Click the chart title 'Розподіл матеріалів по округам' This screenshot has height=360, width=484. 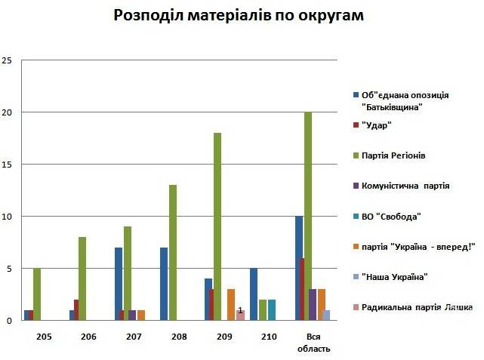(241, 16)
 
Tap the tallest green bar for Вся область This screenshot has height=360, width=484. (307, 216)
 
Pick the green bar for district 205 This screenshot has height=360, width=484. (37, 294)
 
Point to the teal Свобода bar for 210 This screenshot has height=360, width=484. (272, 310)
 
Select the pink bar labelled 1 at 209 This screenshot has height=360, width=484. (241, 315)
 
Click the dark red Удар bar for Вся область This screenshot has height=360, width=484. (303, 289)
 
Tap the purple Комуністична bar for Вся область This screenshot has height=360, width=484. (313, 305)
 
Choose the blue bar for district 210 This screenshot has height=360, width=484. (254, 294)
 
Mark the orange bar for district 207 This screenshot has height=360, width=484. (141, 315)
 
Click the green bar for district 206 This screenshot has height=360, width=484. (82, 278)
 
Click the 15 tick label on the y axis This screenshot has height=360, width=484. (8, 165)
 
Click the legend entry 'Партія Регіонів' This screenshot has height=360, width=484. (393, 155)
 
